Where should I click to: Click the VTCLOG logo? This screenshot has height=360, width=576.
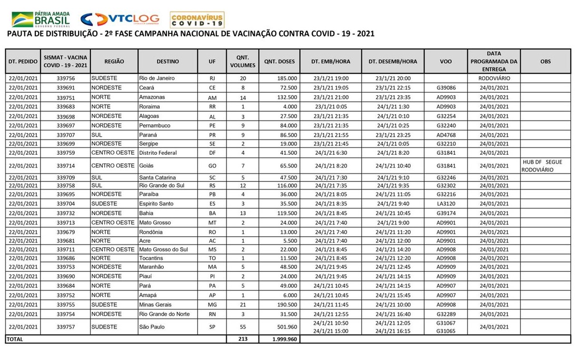[120, 20]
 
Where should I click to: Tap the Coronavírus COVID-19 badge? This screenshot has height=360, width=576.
[197, 20]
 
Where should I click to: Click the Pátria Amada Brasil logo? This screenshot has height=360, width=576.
[41, 20]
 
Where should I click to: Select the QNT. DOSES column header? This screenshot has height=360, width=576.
[279, 61]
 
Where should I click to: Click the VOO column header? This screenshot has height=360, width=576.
[446, 61]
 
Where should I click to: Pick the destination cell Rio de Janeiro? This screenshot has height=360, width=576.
[157, 78]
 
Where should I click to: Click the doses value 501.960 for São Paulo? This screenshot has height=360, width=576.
[287, 327]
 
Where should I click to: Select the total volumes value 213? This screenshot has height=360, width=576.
[242, 339]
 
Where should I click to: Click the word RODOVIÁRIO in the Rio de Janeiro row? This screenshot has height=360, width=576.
[494, 78]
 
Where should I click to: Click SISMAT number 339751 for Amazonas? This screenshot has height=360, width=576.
[65, 97]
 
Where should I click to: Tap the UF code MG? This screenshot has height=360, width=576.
[212, 305]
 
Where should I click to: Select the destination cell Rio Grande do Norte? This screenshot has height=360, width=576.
[164, 314]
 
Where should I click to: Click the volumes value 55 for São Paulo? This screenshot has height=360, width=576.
[242, 327]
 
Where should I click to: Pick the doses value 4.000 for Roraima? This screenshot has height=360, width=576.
[289, 107]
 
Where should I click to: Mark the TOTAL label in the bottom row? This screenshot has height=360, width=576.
[15, 339]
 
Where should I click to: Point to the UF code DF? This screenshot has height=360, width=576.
[212, 153]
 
